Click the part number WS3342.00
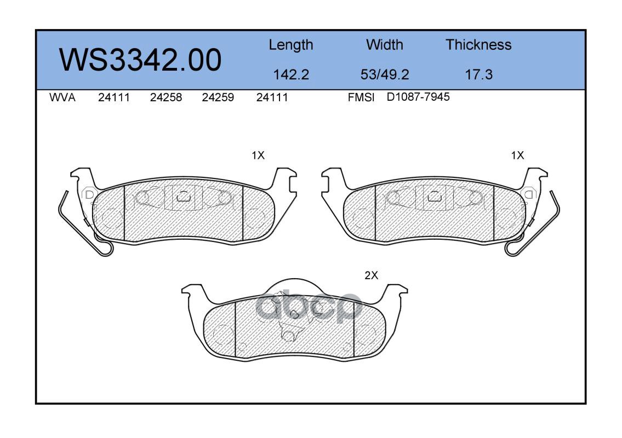pyautogui.click(x=140, y=60)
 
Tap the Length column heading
pyautogui.click(x=291, y=45)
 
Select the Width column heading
pyautogui.click(x=384, y=44)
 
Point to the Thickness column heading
pyautogui.click(x=478, y=44)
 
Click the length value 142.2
pyautogui.click(x=291, y=74)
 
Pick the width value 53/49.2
pyautogui.click(x=384, y=74)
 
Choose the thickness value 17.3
pyautogui.click(x=478, y=74)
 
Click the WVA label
pyautogui.click(x=62, y=97)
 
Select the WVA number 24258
pyautogui.click(x=166, y=97)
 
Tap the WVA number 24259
pyautogui.click(x=218, y=97)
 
